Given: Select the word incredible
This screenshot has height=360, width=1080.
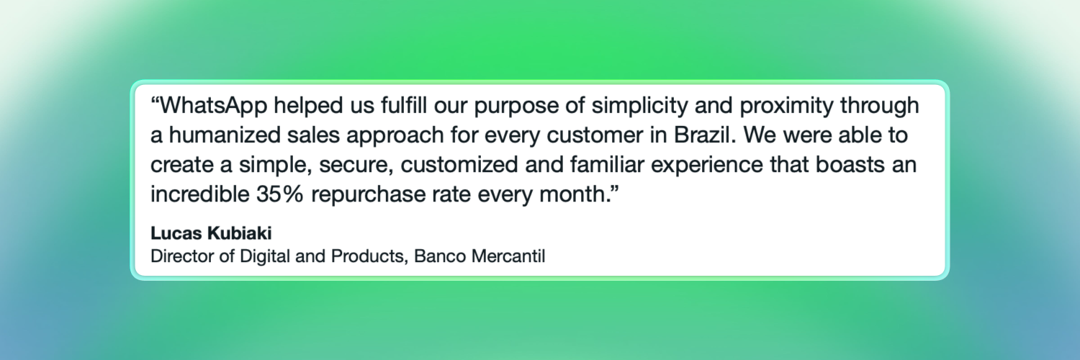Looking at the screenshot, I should pyautogui.click(x=197, y=193).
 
